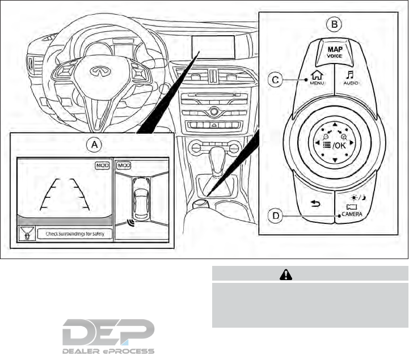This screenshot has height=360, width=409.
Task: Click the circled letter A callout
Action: point(95,145)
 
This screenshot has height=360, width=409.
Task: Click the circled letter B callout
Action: point(335,24)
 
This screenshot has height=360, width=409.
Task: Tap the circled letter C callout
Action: point(275,81)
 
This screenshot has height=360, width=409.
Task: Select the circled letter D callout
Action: point(275,215)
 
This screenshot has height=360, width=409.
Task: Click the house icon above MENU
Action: point(316,74)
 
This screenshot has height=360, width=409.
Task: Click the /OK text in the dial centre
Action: point(339,145)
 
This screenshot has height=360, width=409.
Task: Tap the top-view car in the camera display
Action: point(140,199)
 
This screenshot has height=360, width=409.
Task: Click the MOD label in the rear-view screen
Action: point(103,166)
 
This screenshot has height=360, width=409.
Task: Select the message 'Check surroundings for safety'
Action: point(74,233)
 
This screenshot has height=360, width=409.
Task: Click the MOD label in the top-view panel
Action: point(124,166)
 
